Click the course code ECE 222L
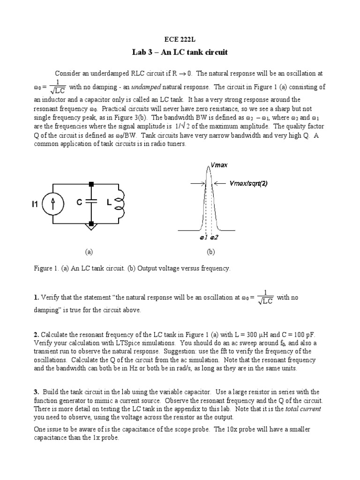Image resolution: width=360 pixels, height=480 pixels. [x=180, y=41]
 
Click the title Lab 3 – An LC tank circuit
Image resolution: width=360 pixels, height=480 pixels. [x=180, y=52]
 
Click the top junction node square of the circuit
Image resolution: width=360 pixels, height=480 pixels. [x=92, y=183]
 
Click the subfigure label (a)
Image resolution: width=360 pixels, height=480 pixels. [x=89, y=252]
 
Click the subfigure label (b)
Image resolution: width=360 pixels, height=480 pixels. [x=210, y=252]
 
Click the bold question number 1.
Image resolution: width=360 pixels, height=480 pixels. [x=36, y=297]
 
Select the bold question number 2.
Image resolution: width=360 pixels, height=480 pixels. [x=36, y=335]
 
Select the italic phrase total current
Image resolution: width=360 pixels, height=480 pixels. [x=305, y=409]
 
